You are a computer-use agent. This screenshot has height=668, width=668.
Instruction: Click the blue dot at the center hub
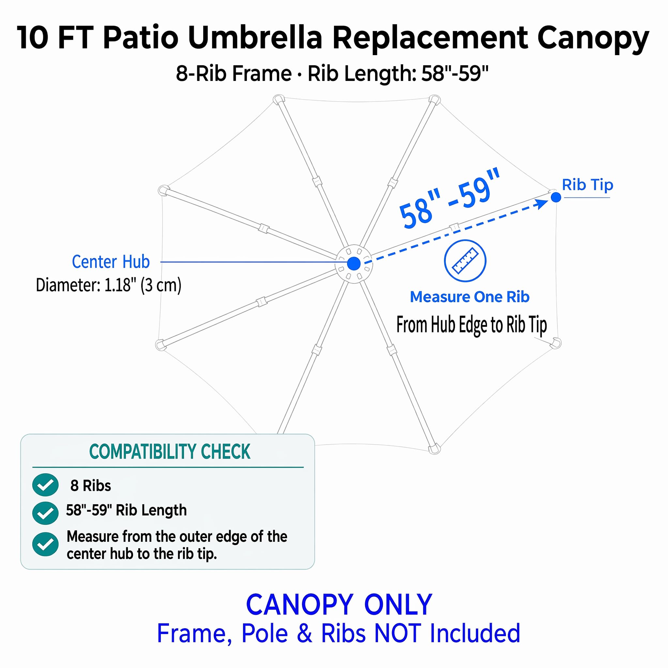point(354,264)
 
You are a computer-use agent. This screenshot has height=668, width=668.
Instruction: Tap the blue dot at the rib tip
point(556,197)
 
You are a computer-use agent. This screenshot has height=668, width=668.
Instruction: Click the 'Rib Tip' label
point(587,185)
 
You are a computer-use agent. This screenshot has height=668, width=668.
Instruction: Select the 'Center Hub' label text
point(111,262)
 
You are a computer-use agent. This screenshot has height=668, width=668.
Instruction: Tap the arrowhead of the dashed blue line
point(541,204)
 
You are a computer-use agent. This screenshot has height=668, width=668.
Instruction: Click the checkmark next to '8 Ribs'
point(45,485)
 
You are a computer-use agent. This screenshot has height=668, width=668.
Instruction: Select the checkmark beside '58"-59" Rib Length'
point(45,513)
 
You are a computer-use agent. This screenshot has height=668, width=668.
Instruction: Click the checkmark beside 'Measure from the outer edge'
point(45,544)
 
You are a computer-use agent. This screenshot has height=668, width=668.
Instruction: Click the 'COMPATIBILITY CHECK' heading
point(170,451)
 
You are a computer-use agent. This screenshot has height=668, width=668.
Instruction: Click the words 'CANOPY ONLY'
point(339,605)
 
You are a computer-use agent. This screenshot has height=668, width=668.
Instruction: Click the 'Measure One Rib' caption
point(470,297)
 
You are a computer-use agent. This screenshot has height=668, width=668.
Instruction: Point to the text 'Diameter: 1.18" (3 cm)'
point(109,285)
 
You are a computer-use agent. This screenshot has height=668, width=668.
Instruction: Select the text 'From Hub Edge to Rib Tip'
point(472,325)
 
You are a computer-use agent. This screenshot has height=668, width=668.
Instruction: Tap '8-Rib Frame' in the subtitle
point(234,73)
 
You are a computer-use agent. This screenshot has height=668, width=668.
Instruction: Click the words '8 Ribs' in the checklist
point(91,485)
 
